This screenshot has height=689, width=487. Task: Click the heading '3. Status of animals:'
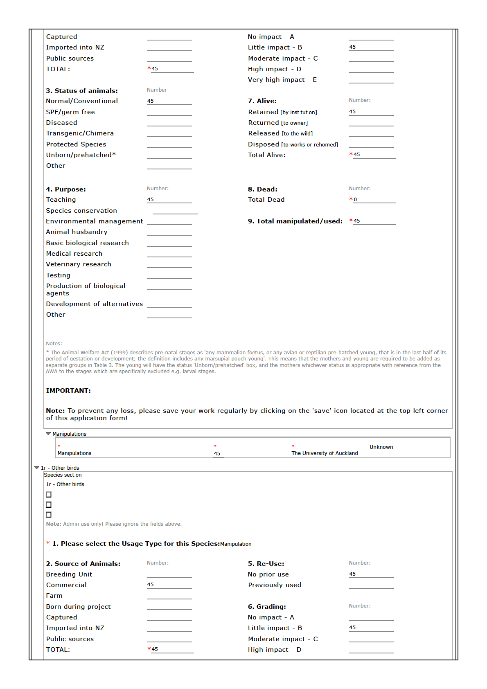[x=82, y=91]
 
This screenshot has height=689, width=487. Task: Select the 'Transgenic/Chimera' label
[x=80, y=133]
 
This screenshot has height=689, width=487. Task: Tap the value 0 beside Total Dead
[x=355, y=200]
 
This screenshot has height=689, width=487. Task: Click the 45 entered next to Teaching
[x=151, y=200]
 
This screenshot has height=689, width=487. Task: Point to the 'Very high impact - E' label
[x=282, y=80]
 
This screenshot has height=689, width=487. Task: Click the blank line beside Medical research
[x=169, y=254]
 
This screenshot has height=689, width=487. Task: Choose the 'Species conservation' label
[x=81, y=211]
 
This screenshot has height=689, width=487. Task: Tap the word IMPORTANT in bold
[x=68, y=391]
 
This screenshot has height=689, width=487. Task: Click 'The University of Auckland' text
[x=325, y=453]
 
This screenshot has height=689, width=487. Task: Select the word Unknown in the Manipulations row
[x=381, y=447]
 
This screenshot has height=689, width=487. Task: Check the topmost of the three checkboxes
[x=49, y=495]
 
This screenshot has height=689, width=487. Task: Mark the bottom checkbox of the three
[x=49, y=515]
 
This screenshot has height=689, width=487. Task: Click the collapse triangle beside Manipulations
[x=48, y=434]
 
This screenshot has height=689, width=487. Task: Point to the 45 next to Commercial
[x=151, y=585]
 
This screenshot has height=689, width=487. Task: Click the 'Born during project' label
[x=78, y=607]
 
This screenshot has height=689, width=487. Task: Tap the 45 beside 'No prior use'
[x=352, y=574]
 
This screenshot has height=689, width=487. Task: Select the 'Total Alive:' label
[x=266, y=155]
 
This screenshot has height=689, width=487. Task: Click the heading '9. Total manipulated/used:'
[x=295, y=221]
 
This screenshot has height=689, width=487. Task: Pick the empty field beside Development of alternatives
[x=169, y=304]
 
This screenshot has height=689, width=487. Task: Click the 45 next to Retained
[x=352, y=112]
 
